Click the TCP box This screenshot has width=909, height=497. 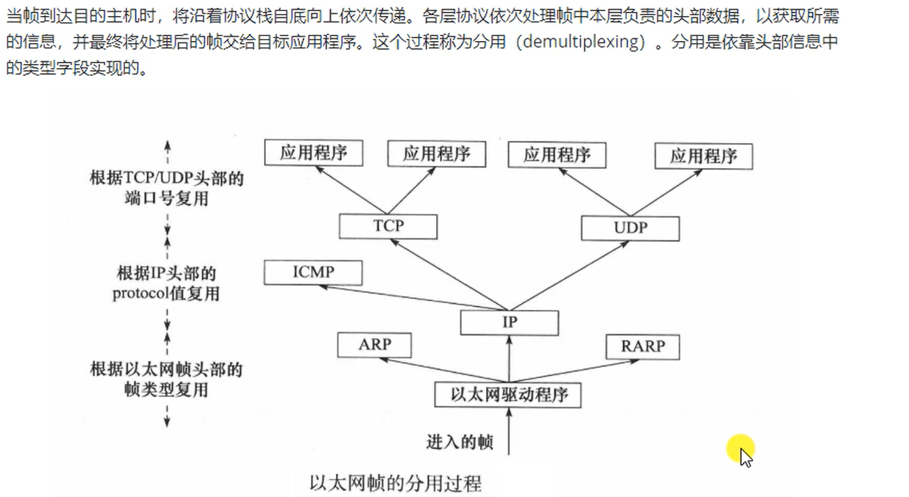(x=388, y=227)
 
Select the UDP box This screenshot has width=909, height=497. (x=630, y=228)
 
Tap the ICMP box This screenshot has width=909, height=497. (x=312, y=272)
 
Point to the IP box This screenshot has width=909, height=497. (x=509, y=323)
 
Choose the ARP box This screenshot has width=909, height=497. (x=374, y=345)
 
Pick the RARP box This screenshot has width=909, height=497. (x=642, y=346)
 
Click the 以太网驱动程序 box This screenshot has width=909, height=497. (x=508, y=395)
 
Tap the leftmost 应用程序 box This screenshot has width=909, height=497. (x=314, y=153)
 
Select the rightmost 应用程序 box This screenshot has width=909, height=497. (x=703, y=156)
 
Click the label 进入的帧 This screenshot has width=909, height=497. (x=460, y=441)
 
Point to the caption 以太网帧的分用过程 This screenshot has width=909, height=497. (x=395, y=482)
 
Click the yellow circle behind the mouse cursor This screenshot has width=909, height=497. (x=741, y=448)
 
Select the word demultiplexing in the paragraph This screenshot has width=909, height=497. (x=581, y=42)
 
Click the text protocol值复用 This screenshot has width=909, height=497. (x=166, y=293)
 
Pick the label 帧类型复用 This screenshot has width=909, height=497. (x=166, y=389)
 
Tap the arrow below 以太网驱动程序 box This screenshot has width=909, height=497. (x=510, y=431)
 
